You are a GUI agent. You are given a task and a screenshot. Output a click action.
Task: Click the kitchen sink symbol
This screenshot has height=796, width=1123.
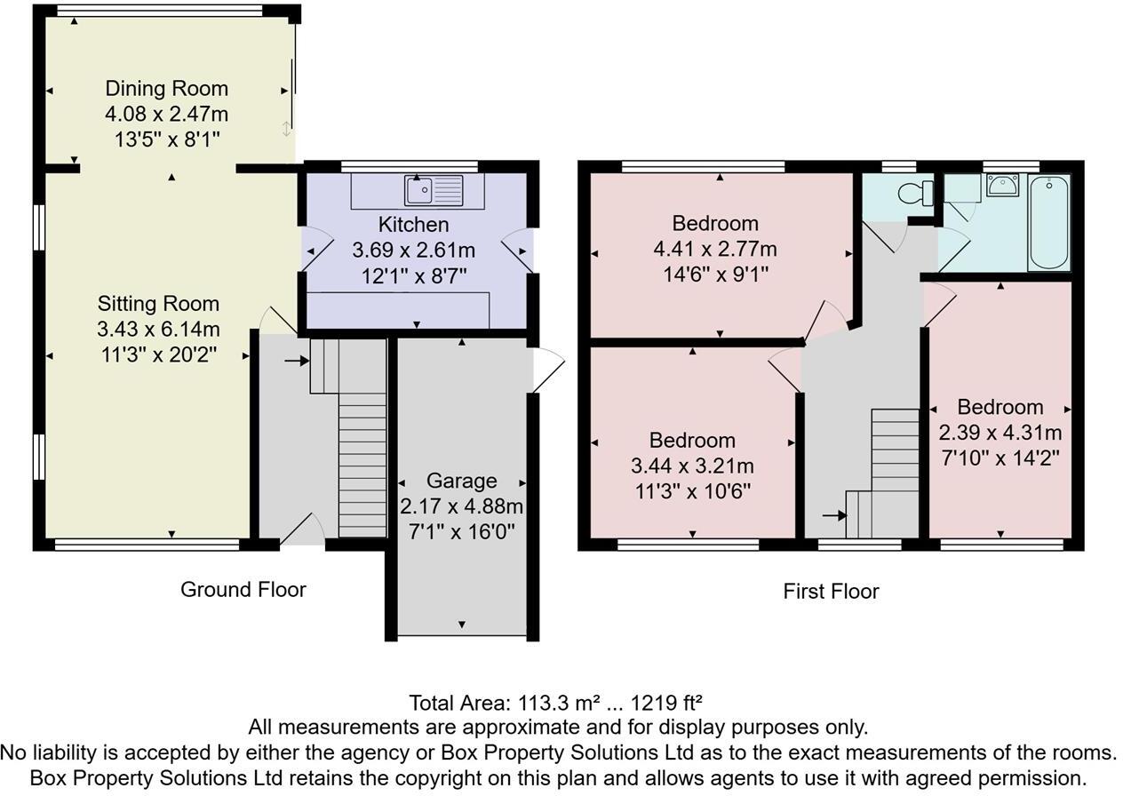point(434,190)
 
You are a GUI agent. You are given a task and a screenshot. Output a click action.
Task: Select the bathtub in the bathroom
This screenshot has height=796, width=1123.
point(1049,222)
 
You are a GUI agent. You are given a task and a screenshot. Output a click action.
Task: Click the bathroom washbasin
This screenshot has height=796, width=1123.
point(1002,186)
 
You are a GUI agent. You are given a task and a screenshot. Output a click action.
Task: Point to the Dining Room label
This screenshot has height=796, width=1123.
point(166,89)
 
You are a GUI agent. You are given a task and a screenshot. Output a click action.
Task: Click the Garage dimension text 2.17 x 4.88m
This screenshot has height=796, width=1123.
point(461,506)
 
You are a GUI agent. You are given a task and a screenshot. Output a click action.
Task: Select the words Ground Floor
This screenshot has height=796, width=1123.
point(243,589)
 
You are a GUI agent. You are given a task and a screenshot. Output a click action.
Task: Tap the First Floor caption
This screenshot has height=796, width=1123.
point(831,591)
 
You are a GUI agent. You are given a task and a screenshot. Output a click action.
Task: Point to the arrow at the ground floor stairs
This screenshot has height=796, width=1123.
point(296,361)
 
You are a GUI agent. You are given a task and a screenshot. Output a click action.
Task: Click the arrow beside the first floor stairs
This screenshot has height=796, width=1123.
point(834,514)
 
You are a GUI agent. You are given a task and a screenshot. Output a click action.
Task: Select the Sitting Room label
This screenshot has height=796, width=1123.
point(158,304)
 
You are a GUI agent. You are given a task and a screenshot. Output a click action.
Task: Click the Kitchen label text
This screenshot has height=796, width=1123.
point(413,224)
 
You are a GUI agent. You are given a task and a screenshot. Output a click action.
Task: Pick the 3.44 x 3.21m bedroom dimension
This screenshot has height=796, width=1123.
point(692,466)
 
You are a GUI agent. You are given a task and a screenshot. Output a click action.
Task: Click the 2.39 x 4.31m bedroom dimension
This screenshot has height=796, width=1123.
point(1000,433)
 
